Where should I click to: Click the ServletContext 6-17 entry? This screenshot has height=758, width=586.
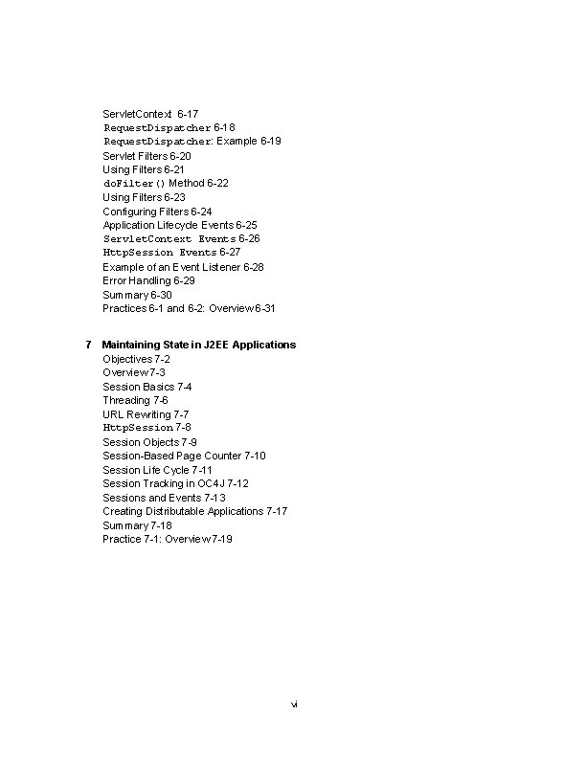coord(150,114)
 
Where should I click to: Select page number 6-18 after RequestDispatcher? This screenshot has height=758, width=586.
coord(224,127)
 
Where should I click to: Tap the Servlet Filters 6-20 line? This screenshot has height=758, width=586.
coord(146,155)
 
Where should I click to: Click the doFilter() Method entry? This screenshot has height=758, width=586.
coord(165,183)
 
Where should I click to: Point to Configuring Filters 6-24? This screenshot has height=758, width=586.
coord(157,211)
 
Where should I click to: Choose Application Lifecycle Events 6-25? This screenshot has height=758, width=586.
coord(179,225)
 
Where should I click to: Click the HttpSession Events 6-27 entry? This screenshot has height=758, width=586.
coord(171,253)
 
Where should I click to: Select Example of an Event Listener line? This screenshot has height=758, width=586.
coord(183,267)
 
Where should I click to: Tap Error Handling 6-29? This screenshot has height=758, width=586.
coord(148,280)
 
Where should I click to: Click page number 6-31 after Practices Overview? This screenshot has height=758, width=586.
coord(265,308)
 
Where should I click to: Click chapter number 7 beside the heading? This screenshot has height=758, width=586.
coord(88,345)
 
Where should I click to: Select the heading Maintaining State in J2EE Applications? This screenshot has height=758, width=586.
coord(199,345)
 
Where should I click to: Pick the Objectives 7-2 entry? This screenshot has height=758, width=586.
coord(136,358)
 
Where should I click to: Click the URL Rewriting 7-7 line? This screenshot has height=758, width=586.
coord(146,414)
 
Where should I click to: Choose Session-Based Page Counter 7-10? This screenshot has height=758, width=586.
coord(184,456)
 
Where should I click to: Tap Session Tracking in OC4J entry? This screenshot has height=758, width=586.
coord(175,483)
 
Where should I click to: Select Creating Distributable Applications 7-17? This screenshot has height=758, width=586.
coord(194,511)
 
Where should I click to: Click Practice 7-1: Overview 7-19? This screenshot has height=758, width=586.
coord(167,539)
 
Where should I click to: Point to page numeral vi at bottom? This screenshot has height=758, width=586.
coord(294,704)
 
